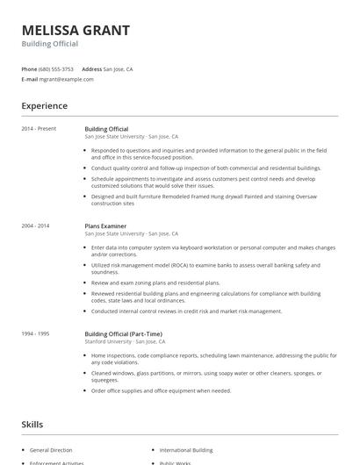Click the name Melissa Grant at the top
(76, 30)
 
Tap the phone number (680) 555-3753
(56, 68)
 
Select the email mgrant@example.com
(66, 79)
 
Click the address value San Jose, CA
(118, 68)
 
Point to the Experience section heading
(44, 106)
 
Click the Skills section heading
(32, 425)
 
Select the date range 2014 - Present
(39, 129)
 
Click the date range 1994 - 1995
(35, 334)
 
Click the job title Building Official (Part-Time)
(124, 334)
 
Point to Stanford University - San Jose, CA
(131, 342)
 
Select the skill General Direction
(50, 450)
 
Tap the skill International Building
(187, 450)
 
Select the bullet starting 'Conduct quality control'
(205, 168)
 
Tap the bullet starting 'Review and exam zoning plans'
(155, 283)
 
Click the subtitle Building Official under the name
(49, 44)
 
